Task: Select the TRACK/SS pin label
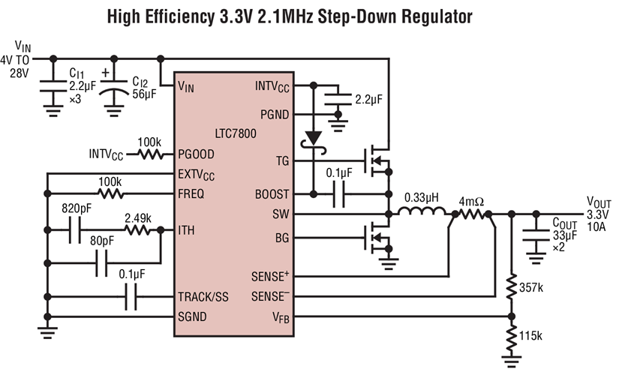[x=203, y=297]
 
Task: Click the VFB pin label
[x=280, y=318]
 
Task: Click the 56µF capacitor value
[x=146, y=94]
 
